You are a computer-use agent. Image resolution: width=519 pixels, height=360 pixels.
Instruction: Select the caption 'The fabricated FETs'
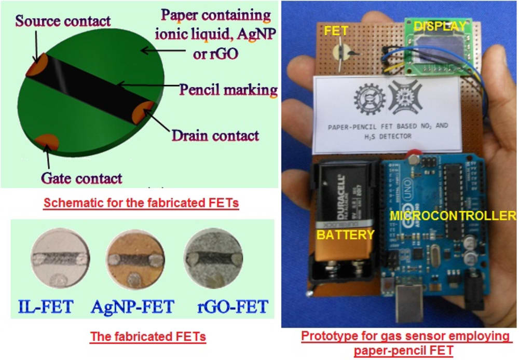click(148, 337)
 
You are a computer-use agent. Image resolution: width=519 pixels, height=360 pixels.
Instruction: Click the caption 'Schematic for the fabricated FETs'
click(141, 203)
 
